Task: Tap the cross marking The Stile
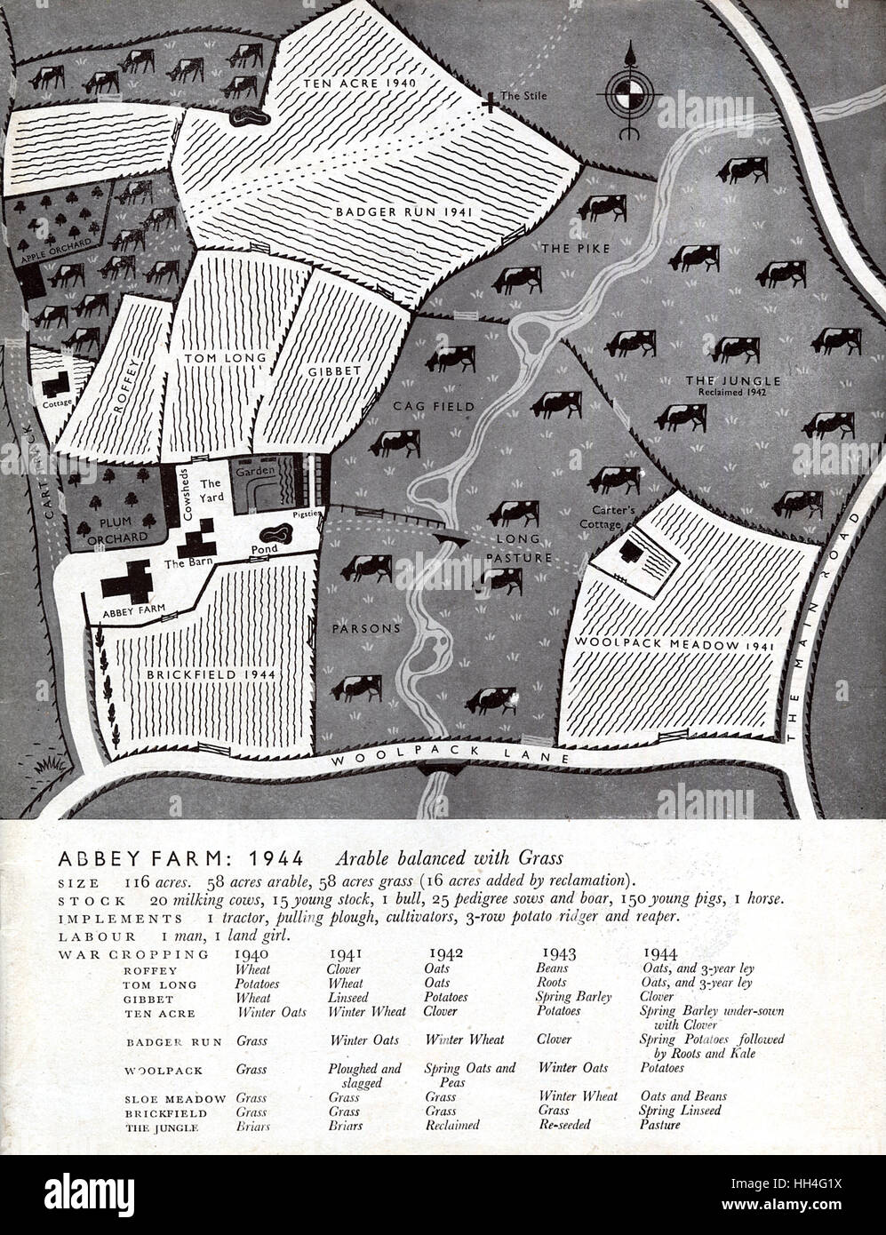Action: [x=489, y=105]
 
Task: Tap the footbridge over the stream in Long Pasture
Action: [x=450, y=539]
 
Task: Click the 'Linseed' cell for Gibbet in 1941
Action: [x=347, y=998]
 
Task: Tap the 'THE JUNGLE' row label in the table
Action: [x=162, y=1127]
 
